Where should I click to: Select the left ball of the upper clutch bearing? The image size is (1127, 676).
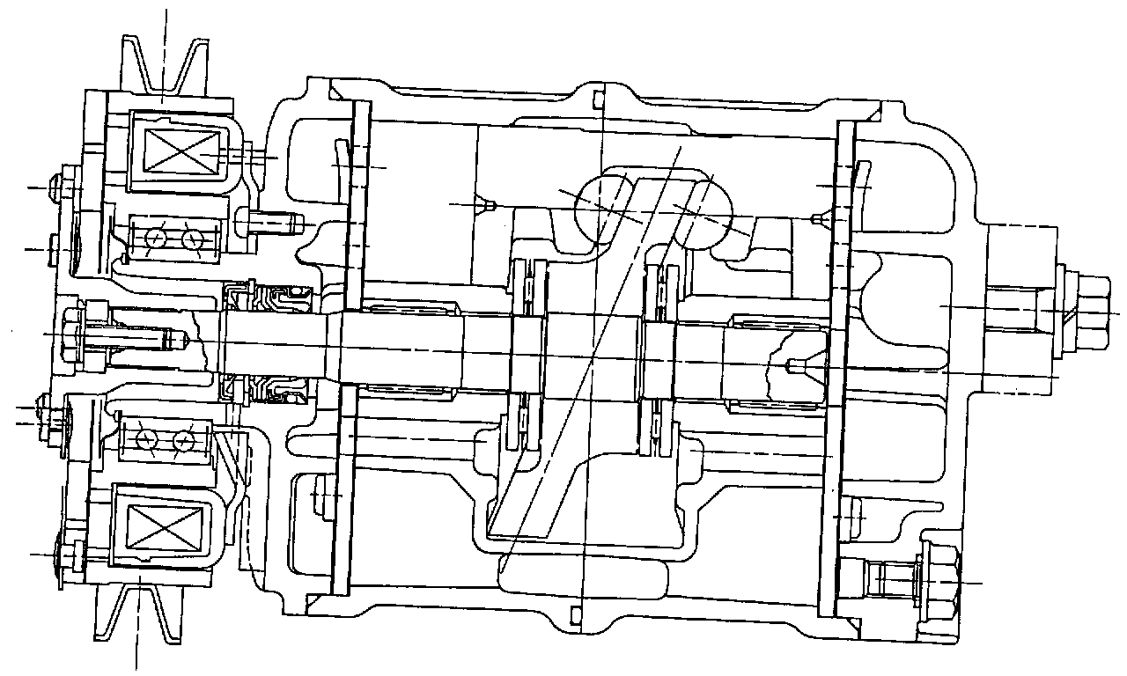157,238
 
